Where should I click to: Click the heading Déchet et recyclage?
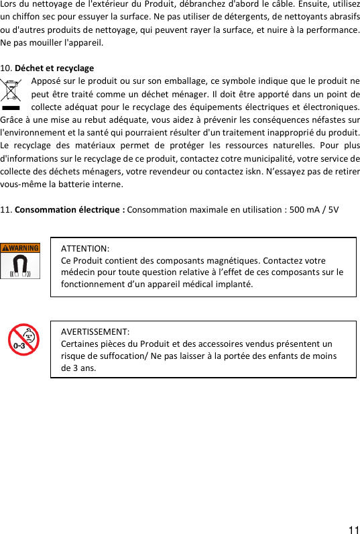54,68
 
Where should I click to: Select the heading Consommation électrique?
70,209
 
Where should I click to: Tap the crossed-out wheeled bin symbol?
11,93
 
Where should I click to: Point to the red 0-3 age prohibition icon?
23,339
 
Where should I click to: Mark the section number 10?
7,68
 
